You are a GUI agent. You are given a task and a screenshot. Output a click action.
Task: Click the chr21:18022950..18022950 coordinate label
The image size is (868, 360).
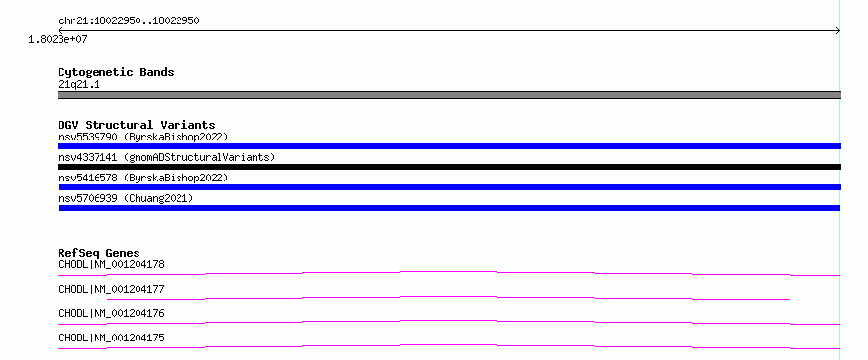[x=129, y=21]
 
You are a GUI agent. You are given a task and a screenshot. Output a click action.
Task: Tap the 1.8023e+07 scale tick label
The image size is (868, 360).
[x=58, y=39]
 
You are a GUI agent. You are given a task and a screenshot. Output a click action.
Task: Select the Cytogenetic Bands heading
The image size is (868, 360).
[x=116, y=72]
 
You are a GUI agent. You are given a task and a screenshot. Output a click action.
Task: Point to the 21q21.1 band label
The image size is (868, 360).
[x=79, y=85]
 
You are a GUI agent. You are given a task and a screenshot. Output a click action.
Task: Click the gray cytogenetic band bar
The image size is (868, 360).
[x=449, y=95]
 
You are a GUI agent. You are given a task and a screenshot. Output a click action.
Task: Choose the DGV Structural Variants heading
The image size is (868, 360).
[x=137, y=125]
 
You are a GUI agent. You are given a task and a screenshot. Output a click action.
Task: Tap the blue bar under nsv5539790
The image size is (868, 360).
[x=449, y=146]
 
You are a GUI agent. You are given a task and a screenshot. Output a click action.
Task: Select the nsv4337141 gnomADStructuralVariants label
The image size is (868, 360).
[x=167, y=157]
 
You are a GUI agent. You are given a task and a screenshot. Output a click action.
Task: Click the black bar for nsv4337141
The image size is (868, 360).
[x=449, y=167]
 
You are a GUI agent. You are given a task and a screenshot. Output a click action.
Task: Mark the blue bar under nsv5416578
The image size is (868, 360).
[x=449, y=187]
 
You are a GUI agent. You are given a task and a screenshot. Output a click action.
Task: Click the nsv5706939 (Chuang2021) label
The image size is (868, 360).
[x=126, y=198]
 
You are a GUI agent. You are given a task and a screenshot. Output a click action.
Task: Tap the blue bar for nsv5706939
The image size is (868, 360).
[x=449, y=208]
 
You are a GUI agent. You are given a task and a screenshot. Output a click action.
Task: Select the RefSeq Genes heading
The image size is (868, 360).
[x=99, y=254]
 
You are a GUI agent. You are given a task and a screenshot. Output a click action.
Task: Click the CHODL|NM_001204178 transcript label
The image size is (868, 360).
[x=111, y=264]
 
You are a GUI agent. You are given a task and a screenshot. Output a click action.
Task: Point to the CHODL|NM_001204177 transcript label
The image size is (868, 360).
[x=111, y=289]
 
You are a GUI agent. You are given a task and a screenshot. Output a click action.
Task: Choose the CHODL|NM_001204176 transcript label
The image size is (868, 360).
[x=111, y=313]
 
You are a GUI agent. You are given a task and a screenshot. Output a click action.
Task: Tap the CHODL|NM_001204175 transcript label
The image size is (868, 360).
[x=111, y=338]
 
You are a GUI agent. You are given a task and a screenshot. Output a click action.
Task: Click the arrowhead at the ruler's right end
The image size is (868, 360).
[x=839, y=31]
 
